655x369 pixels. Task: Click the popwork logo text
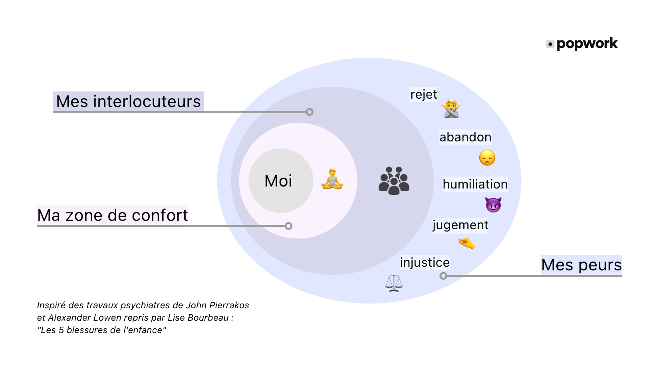tap(587, 44)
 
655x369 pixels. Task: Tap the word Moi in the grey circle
tap(278, 181)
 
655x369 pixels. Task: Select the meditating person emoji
tap(332, 179)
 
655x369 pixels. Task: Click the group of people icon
tap(394, 181)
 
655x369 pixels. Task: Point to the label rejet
tap(423, 94)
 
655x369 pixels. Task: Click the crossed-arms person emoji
tap(451, 109)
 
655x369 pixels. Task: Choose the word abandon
tap(465, 137)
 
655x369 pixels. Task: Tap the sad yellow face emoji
tap(487, 158)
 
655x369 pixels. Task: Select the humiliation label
tap(475, 184)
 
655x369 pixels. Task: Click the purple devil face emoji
tap(493, 204)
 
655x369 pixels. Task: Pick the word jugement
tap(460, 226)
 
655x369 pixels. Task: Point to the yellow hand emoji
tap(466, 244)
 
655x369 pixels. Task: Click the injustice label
tap(425, 262)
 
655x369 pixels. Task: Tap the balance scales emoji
tap(394, 283)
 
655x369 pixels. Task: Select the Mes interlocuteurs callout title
tap(128, 101)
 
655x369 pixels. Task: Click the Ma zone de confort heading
tap(112, 216)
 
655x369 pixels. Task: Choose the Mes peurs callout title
tap(582, 265)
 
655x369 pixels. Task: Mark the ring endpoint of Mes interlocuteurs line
tap(310, 112)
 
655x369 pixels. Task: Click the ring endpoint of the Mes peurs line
tap(443, 276)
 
